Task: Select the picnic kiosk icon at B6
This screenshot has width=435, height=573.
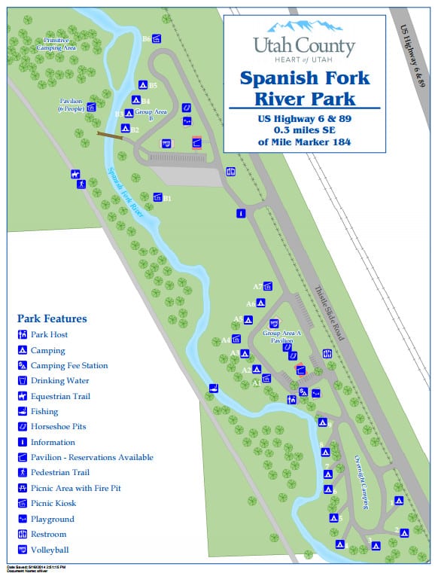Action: (157, 39)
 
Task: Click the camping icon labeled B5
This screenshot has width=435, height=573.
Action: (142, 85)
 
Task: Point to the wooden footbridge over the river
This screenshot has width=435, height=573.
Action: (111, 136)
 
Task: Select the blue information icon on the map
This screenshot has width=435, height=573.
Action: (241, 213)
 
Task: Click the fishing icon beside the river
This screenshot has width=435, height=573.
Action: (214, 388)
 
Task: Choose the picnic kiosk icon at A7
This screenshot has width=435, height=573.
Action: (267, 286)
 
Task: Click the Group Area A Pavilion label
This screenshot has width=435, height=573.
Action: (278, 336)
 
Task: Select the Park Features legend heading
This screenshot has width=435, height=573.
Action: (52, 319)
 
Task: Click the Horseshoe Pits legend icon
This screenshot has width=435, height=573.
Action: (23, 427)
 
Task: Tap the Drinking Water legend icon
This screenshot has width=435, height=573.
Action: (23, 381)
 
